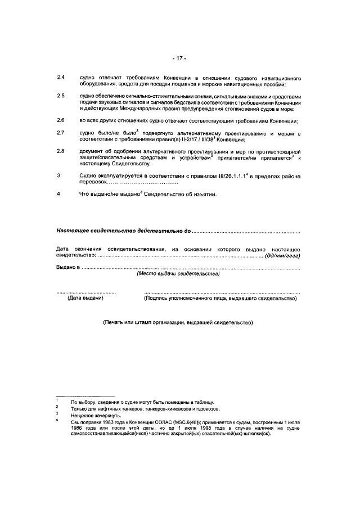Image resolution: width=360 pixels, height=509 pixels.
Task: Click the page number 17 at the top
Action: (x=179, y=58)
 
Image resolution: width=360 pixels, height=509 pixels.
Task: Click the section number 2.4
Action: (x=61, y=77)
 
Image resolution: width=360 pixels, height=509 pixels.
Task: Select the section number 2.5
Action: (x=61, y=96)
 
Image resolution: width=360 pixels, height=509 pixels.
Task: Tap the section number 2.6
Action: (x=61, y=121)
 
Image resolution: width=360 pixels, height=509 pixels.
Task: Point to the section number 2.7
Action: (x=61, y=133)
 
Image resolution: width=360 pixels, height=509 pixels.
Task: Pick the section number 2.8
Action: (x=61, y=152)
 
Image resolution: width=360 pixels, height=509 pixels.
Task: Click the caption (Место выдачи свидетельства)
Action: (x=178, y=274)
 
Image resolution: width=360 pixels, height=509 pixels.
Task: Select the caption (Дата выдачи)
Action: (x=85, y=299)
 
